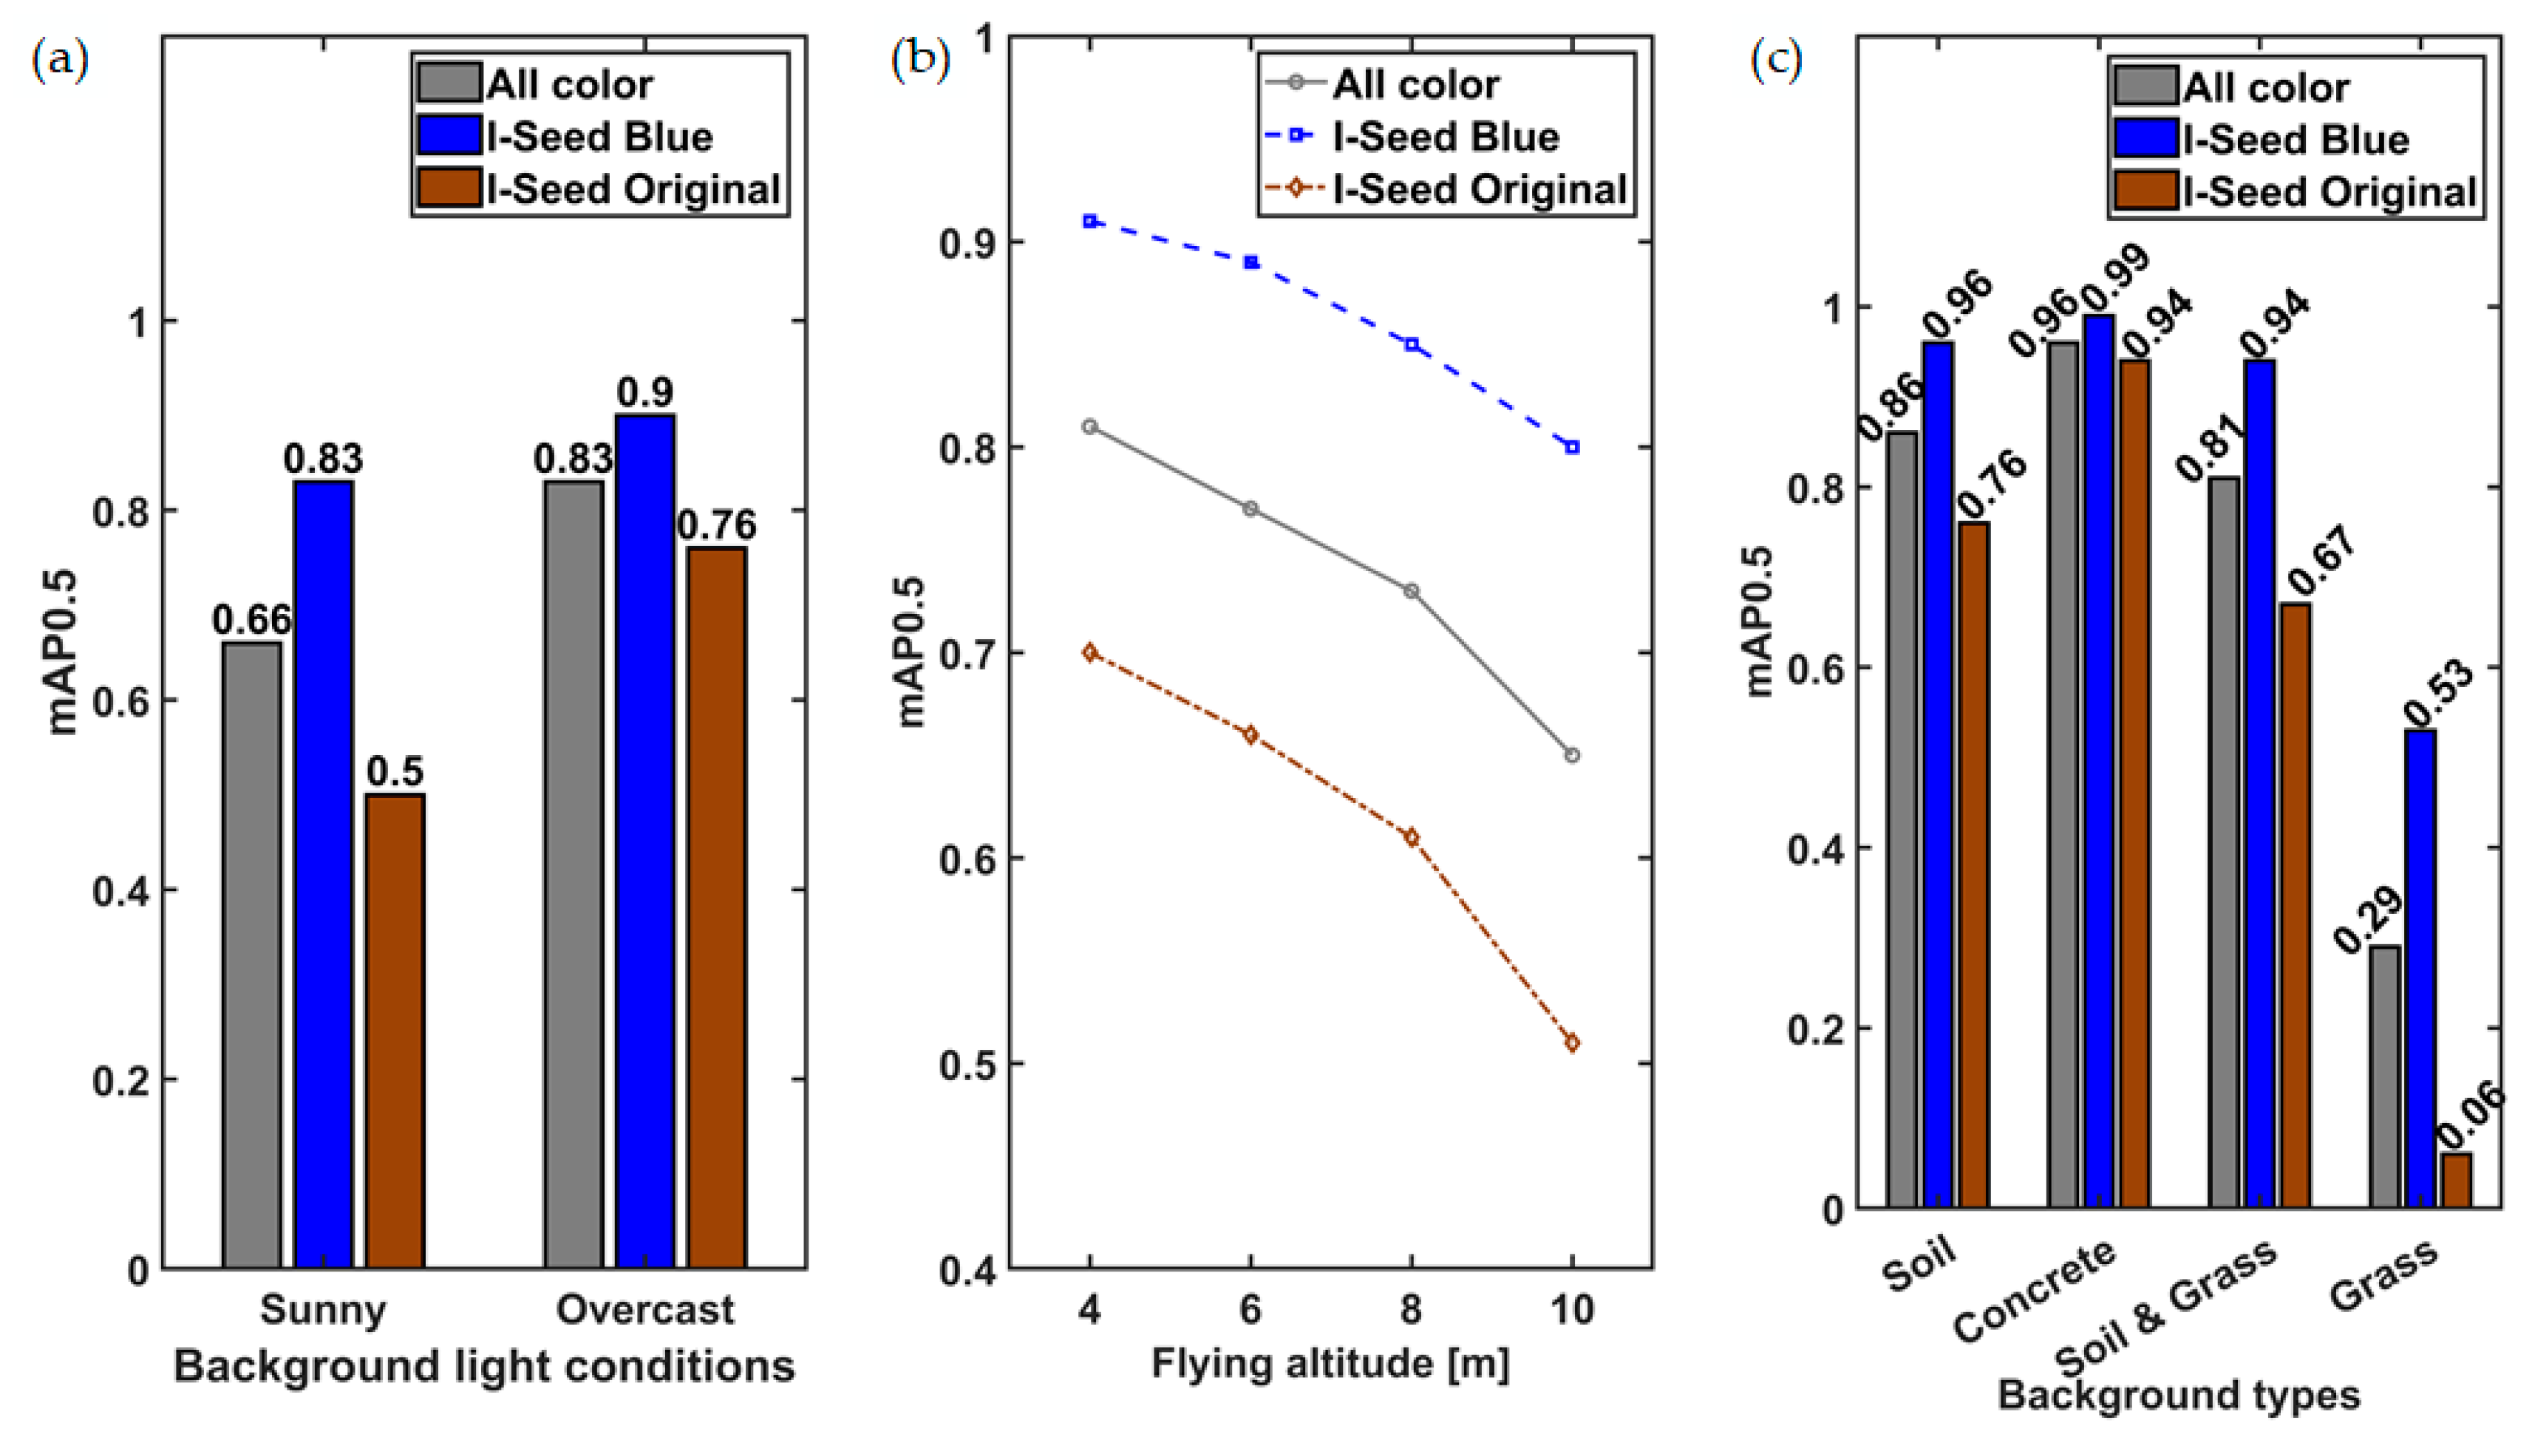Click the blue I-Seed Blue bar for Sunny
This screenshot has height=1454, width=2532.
click(x=323, y=874)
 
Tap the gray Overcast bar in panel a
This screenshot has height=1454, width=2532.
click(x=574, y=874)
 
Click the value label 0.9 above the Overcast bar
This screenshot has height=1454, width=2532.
click(x=644, y=392)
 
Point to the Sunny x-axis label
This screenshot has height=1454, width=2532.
click(x=323, y=1309)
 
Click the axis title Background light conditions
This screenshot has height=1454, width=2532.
click(x=483, y=1366)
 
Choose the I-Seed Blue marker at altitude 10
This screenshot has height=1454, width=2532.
click(x=1572, y=448)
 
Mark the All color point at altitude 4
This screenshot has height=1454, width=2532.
click(x=1089, y=426)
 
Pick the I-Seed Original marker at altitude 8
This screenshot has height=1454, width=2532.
click(x=1412, y=837)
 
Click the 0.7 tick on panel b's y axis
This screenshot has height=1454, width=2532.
click(x=966, y=653)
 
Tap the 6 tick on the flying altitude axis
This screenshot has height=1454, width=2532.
click(x=1250, y=1309)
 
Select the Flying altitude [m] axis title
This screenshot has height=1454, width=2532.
click(x=1330, y=1364)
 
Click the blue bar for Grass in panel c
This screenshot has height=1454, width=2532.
click(x=2420, y=969)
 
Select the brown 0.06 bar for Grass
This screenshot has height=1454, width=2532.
click(x=2456, y=1181)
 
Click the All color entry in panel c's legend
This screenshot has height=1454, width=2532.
click(x=2264, y=87)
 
